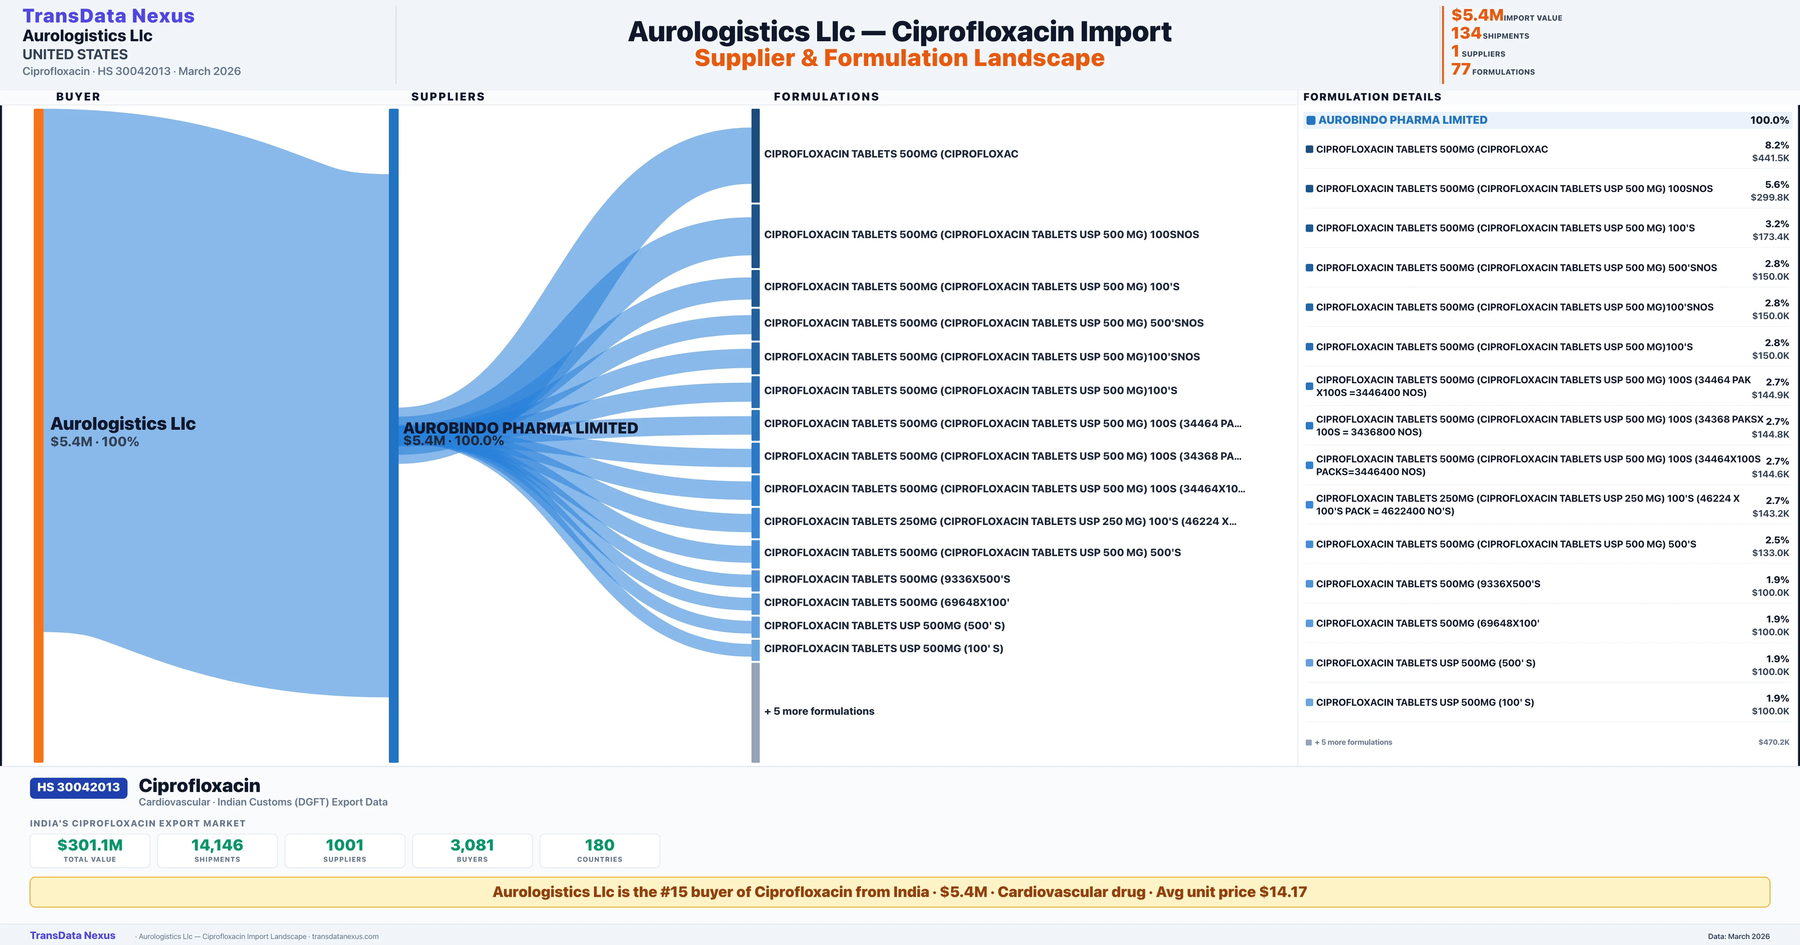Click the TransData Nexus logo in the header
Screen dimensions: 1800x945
(108, 16)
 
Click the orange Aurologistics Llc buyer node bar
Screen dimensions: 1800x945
(38, 435)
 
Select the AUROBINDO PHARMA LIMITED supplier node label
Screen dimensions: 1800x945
(520, 428)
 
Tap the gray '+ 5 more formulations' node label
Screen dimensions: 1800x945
(819, 711)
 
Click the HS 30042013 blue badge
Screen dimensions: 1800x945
(78, 787)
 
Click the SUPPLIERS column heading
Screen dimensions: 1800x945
(448, 96)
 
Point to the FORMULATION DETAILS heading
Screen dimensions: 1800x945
(1372, 96)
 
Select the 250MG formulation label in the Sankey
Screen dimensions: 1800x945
(1000, 521)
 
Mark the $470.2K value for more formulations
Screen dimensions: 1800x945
(1773, 742)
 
